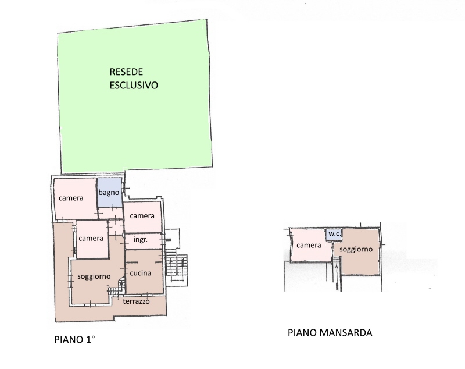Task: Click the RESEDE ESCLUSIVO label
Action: tap(134, 79)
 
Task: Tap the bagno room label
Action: tap(109, 193)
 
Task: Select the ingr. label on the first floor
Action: tap(141, 240)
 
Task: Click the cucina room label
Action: tap(141, 273)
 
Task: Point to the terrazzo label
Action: tap(136, 301)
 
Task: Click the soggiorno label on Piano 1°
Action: tap(94, 276)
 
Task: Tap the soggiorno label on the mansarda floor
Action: tap(356, 249)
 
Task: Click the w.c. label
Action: tap(335, 233)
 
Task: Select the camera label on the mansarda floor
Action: tap(309, 245)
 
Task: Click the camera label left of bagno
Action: tap(71, 198)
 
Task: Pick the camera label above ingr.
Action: tap(142, 216)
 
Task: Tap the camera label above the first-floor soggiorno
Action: tap(91, 239)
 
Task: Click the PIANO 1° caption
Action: tap(74, 339)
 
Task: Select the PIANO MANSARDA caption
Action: tap(330, 333)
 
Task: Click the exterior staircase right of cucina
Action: tap(177, 267)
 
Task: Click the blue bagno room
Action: tap(110, 193)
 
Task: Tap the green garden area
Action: tap(135, 97)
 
